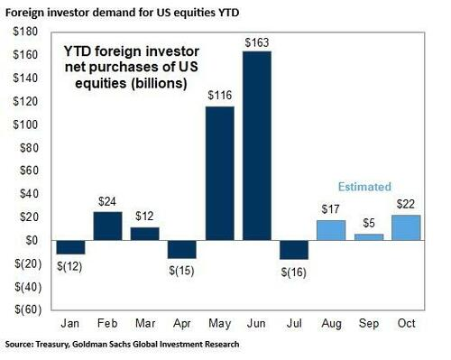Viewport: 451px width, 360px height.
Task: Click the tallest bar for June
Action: [256, 145]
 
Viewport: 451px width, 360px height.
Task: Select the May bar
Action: [219, 173]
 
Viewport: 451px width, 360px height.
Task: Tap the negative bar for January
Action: [70, 247]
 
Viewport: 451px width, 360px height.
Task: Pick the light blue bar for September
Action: [369, 237]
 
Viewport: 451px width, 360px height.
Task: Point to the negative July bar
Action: [294, 250]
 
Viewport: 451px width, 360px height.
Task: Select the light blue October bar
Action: [406, 227]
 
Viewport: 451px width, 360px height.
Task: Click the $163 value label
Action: [257, 42]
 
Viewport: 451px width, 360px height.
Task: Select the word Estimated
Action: [365, 187]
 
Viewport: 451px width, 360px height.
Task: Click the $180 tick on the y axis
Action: [23, 32]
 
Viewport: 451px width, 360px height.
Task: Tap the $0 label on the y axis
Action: [30, 241]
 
